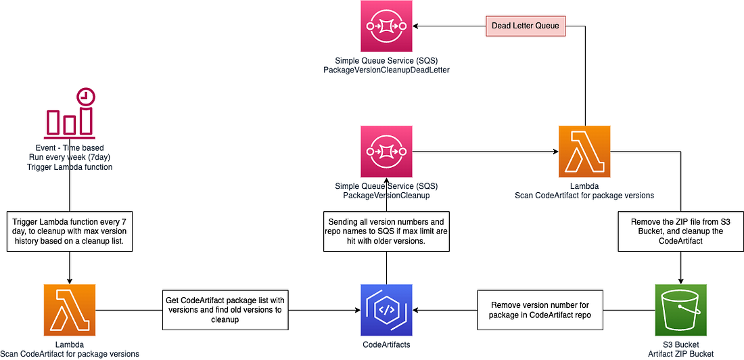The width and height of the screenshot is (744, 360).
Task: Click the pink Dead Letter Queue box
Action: pos(526,26)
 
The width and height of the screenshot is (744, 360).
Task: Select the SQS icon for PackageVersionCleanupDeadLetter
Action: pos(386,26)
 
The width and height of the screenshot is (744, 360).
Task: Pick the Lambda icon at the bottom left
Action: pos(69,310)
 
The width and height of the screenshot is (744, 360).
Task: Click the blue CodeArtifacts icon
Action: pos(386,310)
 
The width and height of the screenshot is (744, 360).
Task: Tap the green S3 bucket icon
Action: pos(680,310)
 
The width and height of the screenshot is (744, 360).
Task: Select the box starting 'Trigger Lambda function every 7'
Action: pos(69,231)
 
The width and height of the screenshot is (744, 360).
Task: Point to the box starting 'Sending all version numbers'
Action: pos(386,232)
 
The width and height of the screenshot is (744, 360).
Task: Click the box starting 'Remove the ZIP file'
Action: pos(680,231)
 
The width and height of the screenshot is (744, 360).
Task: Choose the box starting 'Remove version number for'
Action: pos(540,310)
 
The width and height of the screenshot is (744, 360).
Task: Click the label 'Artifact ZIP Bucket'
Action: pos(680,354)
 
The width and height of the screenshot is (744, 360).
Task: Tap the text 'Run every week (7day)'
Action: pos(69,157)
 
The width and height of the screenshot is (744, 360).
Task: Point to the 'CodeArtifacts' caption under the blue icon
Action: pos(386,344)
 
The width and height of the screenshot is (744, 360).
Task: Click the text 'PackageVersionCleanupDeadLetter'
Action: pos(386,70)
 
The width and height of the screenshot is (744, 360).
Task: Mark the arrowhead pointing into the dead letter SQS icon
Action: pos(417,26)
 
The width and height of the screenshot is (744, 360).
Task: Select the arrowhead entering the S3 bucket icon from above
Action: pos(680,281)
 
